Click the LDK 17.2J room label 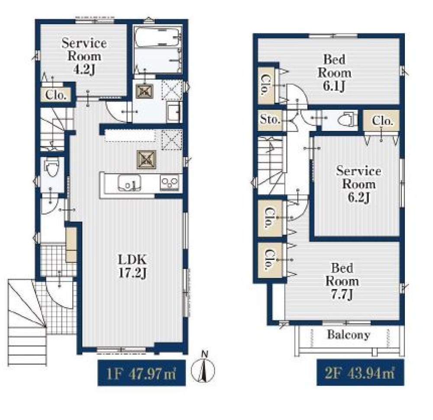[132, 266]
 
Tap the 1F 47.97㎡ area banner [142, 373]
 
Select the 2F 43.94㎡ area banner [360, 372]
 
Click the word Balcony [349, 335]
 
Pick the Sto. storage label [270, 120]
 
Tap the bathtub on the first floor [158, 36]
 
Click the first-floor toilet [52, 167]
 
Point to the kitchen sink [129, 183]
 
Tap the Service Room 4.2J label [84, 56]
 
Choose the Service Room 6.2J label [359, 184]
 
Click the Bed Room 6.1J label [334, 72]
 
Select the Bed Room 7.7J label [342, 281]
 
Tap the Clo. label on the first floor [56, 95]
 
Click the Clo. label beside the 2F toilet [382, 121]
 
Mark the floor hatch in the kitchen [146, 160]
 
